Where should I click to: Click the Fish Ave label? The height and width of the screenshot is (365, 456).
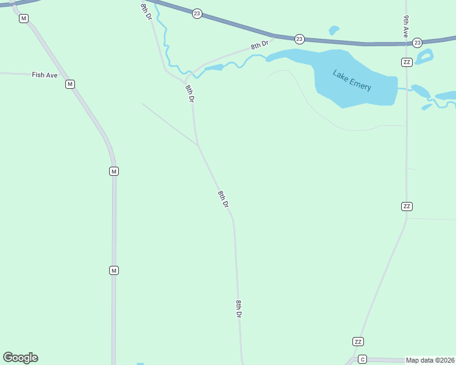click(x=45, y=75)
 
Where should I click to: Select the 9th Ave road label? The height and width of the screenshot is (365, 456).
click(x=405, y=27)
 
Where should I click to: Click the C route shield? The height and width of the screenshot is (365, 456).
click(x=362, y=359)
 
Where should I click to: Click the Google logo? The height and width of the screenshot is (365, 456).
click(x=20, y=358)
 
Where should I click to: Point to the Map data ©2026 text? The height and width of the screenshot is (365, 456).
click(x=430, y=360)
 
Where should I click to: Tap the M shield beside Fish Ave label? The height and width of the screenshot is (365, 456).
click(x=70, y=84)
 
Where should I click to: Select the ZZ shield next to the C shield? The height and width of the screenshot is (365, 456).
click(x=358, y=341)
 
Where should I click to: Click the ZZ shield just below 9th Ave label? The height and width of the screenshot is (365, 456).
click(x=407, y=62)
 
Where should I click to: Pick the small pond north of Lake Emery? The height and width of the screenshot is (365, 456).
click(x=333, y=30)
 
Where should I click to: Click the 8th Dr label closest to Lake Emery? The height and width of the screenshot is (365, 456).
click(x=260, y=44)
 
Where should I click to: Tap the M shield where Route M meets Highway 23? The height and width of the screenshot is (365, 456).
click(x=23, y=18)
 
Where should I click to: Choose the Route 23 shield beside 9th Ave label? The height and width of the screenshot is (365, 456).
click(x=417, y=43)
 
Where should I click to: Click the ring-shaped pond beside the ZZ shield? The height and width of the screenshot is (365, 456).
click(x=424, y=57)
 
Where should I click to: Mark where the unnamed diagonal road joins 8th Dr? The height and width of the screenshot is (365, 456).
click(x=197, y=145)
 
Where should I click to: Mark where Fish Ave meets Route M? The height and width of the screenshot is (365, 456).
click(x=60, y=75)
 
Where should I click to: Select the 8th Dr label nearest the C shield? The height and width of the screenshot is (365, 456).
click(x=239, y=309)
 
